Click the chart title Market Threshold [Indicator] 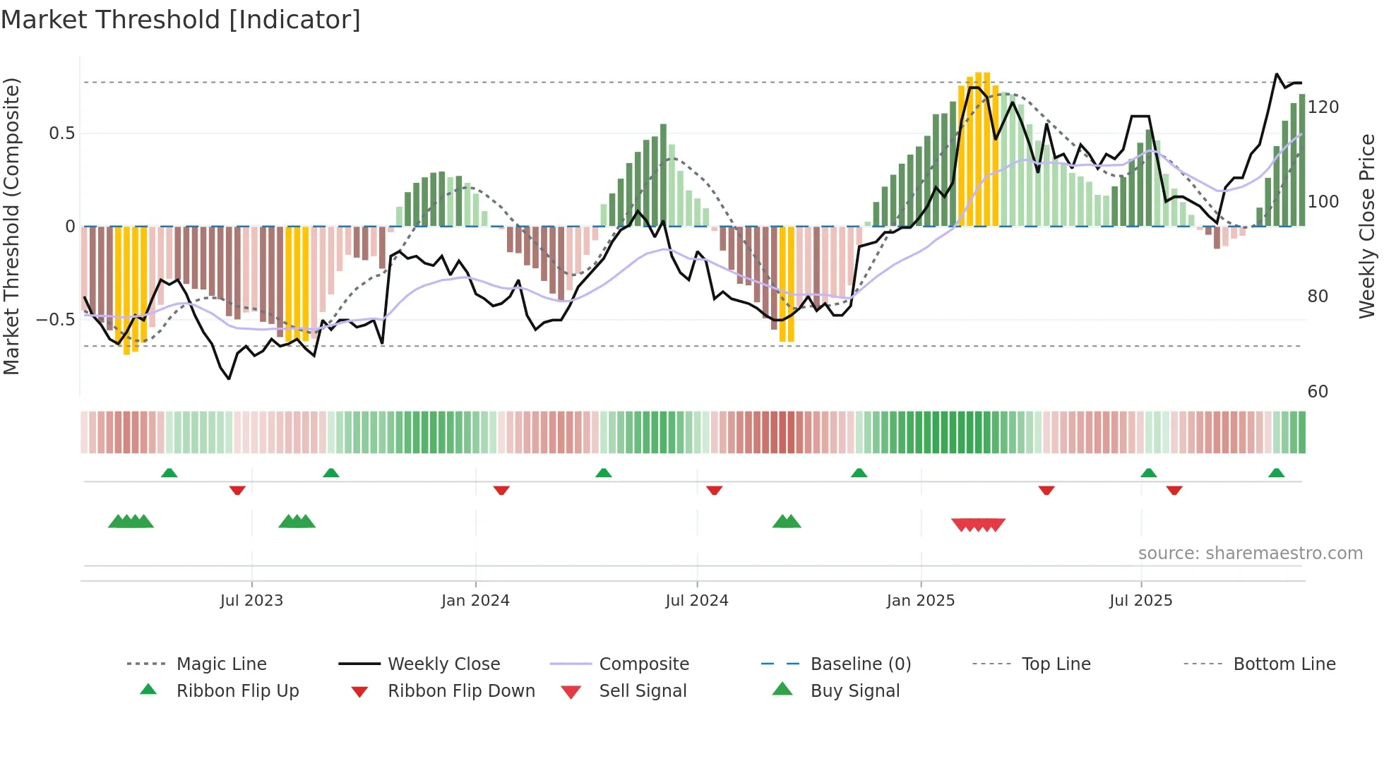[x=181, y=20]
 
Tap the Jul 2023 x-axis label [x=251, y=601]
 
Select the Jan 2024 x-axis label [x=475, y=601]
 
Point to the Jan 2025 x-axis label [x=921, y=601]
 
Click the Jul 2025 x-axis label [x=1140, y=601]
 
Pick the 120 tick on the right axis [x=1323, y=107]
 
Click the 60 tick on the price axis [x=1318, y=392]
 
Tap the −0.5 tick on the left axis [x=55, y=320]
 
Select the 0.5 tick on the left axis [x=61, y=133]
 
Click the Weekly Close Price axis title [x=1367, y=226]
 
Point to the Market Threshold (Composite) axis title [x=11, y=226]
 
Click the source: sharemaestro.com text [x=1250, y=553]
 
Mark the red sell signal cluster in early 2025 [x=978, y=525]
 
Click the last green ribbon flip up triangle [x=1276, y=473]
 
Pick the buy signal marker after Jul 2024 [x=787, y=522]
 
